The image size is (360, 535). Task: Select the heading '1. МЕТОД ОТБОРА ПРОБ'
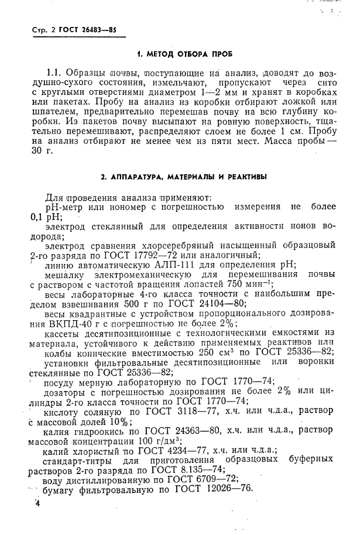184,54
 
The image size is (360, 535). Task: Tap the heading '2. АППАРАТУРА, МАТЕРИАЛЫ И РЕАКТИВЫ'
184,176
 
